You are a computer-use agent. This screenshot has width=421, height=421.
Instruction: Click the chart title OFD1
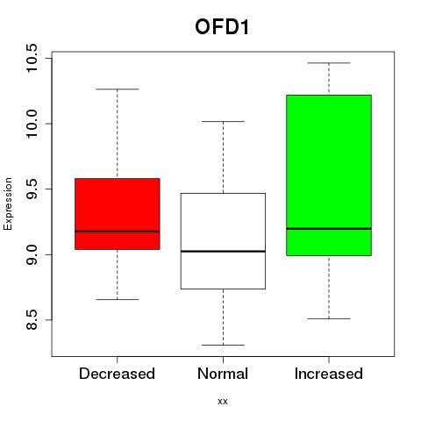pyautogui.click(x=222, y=27)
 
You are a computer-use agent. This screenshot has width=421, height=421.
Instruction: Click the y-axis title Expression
pyautogui.click(x=8, y=203)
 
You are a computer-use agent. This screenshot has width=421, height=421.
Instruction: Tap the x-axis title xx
pyautogui.click(x=223, y=401)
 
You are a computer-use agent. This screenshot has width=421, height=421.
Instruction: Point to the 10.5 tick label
pyautogui.click(x=32, y=58)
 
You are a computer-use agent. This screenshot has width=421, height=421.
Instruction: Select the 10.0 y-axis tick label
pyautogui.click(x=32, y=124)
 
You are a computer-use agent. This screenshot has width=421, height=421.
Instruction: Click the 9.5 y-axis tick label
pyautogui.click(x=32, y=189)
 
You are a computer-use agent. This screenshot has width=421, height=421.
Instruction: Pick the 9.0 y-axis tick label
pyautogui.click(x=32, y=254)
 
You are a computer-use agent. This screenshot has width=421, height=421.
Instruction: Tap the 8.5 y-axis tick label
pyautogui.click(x=32, y=320)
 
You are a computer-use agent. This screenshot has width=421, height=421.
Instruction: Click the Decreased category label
pyautogui.click(x=117, y=374)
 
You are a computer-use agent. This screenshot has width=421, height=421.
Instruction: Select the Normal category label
pyautogui.click(x=223, y=374)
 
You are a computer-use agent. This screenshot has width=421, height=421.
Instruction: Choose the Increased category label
pyautogui.click(x=329, y=374)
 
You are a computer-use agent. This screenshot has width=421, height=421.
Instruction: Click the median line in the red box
pyautogui.click(x=118, y=232)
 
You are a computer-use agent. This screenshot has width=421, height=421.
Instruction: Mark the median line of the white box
pyautogui.click(x=223, y=251)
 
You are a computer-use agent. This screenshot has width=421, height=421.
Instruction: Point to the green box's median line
pyautogui.click(x=329, y=229)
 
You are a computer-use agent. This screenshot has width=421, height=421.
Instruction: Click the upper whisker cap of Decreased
pyautogui.click(x=118, y=89)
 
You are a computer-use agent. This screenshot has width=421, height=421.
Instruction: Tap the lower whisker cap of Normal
pyautogui.click(x=223, y=345)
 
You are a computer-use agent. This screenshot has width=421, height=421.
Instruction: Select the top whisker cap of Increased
pyautogui.click(x=329, y=63)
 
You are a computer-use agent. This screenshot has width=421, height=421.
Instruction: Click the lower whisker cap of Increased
pyautogui.click(x=329, y=318)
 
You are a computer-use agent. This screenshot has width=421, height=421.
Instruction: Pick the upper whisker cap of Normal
pyautogui.click(x=223, y=121)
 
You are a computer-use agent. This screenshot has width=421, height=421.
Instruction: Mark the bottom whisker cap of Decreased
pyautogui.click(x=118, y=299)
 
